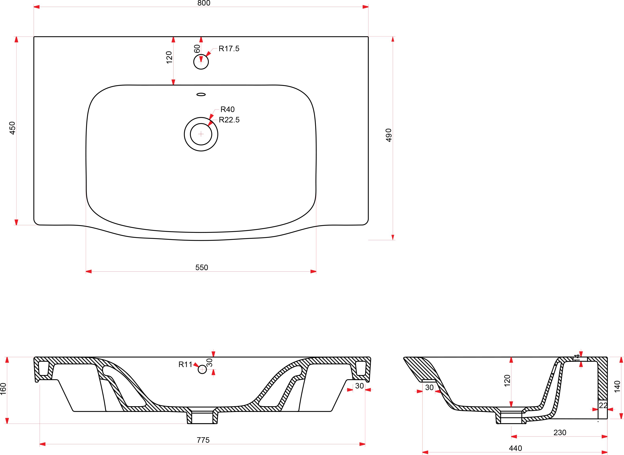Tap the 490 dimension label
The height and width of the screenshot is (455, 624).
click(x=388, y=135)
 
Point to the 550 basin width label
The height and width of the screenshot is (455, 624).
click(x=202, y=267)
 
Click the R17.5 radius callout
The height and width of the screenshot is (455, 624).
click(x=229, y=49)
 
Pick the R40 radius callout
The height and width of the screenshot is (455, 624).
click(x=228, y=110)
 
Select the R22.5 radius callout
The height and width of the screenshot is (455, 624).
click(x=229, y=120)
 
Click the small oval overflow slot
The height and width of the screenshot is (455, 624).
click(x=201, y=94)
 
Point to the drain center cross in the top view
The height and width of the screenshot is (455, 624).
click(x=201, y=134)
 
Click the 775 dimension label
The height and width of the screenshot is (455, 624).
click(x=203, y=440)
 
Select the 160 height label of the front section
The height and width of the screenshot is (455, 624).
click(x=3, y=389)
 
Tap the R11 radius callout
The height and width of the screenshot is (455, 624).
click(x=185, y=365)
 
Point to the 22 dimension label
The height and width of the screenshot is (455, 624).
click(x=603, y=405)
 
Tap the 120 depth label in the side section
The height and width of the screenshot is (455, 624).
click(x=507, y=381)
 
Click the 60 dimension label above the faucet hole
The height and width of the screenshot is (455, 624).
click(x=197, y=49)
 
